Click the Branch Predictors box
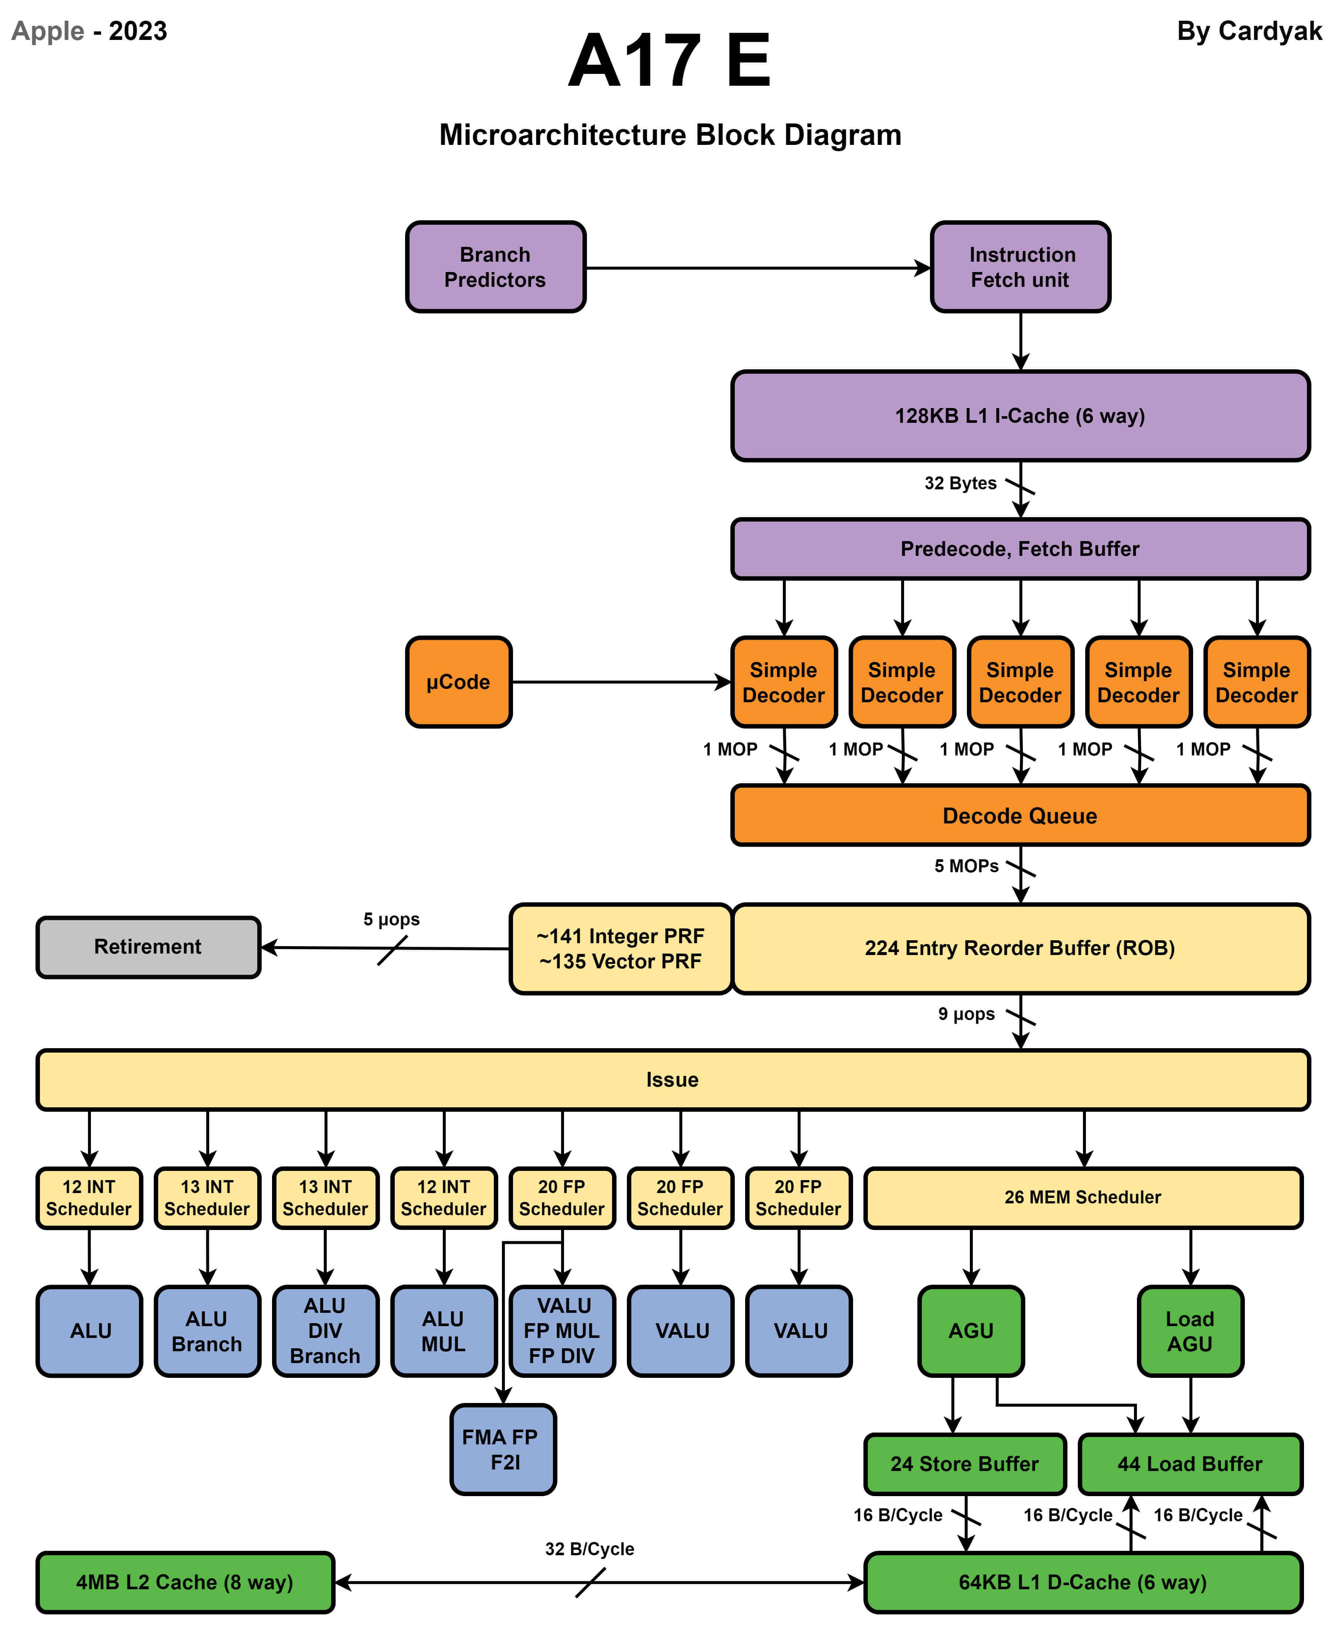click(496, 267)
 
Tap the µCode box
click(459, 682)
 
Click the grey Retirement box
click(148, 947)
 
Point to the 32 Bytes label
click(960, 483)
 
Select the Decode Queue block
click(1020, 815)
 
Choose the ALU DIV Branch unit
click(325, 1331)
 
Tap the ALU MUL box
click(444, 1331)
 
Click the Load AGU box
click(1190, 1331)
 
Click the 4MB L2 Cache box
click(185, 1581)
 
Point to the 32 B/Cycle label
click(590, 1549)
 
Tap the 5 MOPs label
click(967, 866)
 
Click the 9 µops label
click(967, 1013)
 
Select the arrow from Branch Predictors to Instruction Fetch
click(755, 268)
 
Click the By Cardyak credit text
click(1249, 31)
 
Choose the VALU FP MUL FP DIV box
click(563, 1331)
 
